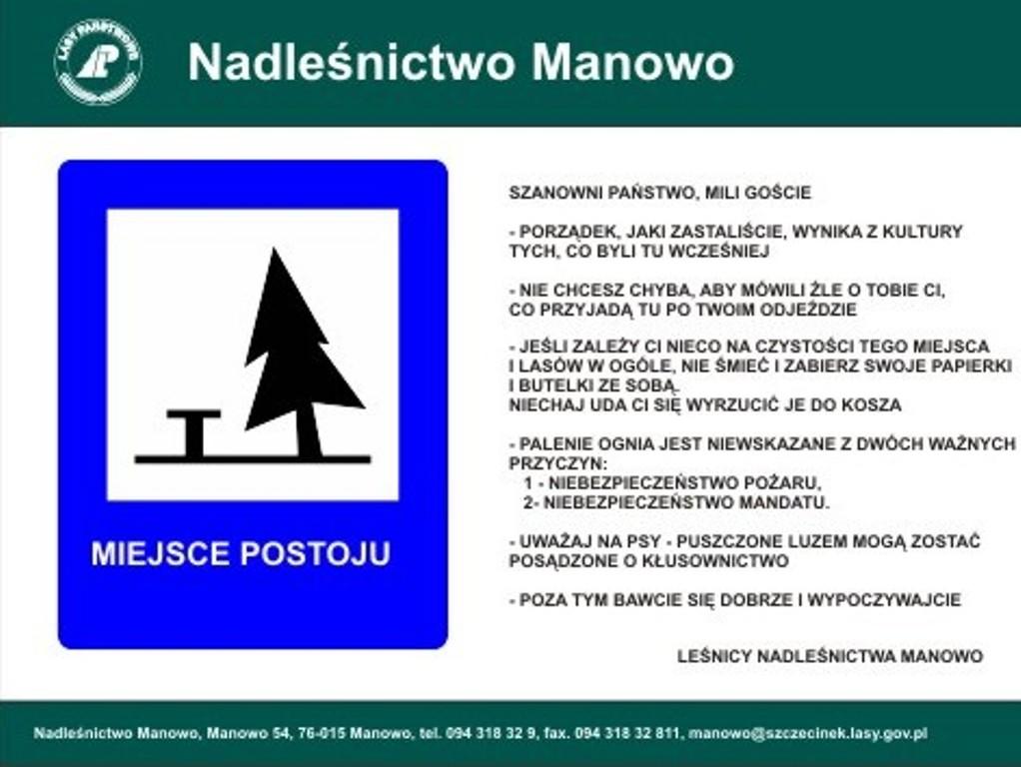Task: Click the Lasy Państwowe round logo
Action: coord(98,62)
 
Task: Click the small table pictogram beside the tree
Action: coord(194,433)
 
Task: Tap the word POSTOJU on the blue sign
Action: coord(315,553)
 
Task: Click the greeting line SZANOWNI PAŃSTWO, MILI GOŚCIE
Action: coord(659,193)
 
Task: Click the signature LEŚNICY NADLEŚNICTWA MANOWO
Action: coord(830,656)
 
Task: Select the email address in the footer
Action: coord(807,734)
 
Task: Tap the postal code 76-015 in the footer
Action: coord(322,734)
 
